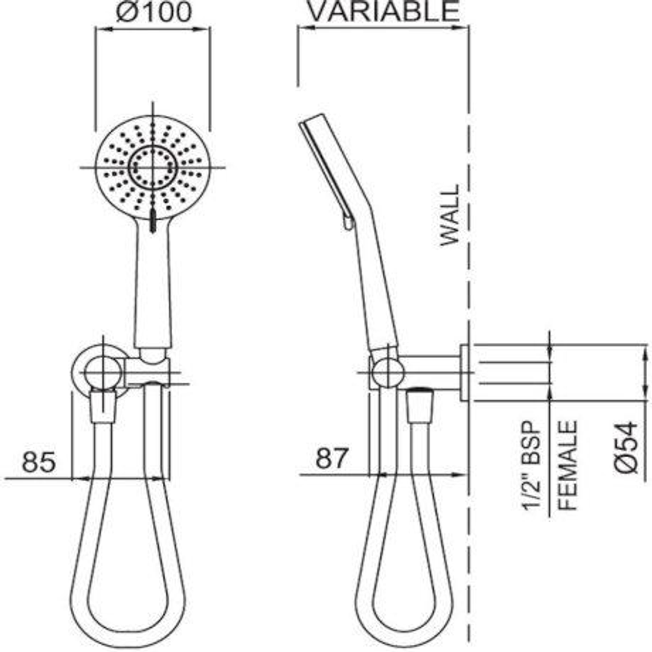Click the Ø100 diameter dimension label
pyautogui.click(x=152, y=11)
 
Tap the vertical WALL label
pyautogui.click(x=450, y=215)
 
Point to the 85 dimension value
pyautogui.click(x=39, y=462)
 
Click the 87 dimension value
pyautogui.click(x=332, y=459)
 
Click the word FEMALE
pyautogui.click(x=567, y=465)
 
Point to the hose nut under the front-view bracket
pyautogui.click(x=102, y=406)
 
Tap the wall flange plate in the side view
pyautogui.click(x=465, y=372)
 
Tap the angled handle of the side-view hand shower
pyautogui.click(x=377, y=290)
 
